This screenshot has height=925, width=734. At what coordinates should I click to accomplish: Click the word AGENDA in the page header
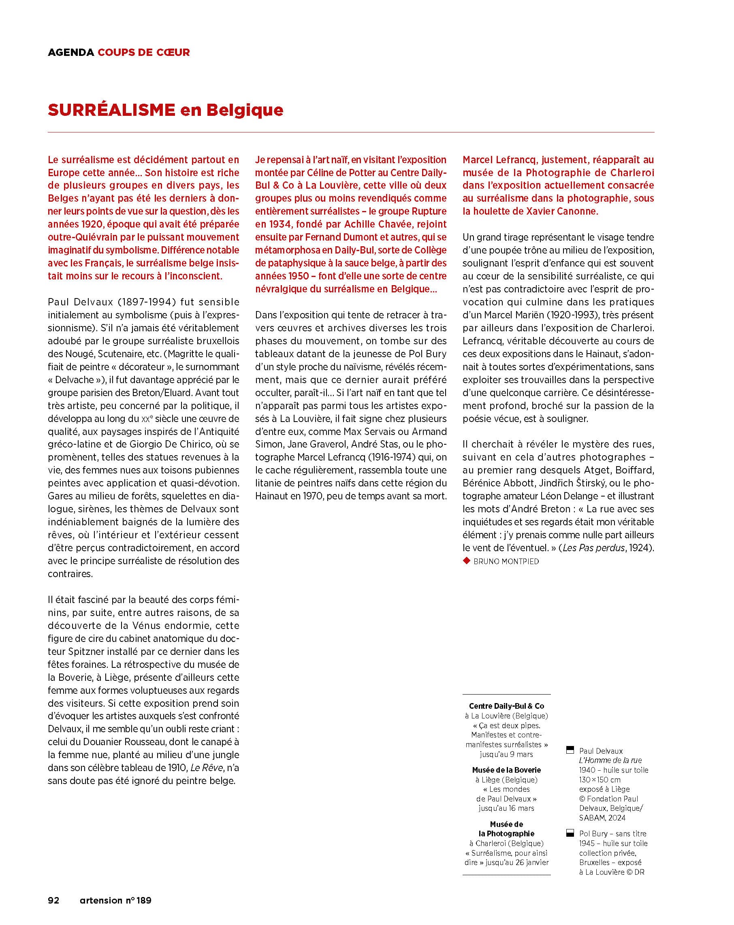[x=71, y=52]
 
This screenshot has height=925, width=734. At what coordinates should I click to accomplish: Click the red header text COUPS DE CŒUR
[x=143, y=52]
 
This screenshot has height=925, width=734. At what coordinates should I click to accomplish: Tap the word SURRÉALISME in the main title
[x=111, y=110]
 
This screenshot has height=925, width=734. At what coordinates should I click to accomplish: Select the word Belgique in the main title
[x=245, y=110]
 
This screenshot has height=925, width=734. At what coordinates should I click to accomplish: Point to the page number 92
[x=53, y=900]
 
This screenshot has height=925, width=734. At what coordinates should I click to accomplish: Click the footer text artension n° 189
[x=115, y=900]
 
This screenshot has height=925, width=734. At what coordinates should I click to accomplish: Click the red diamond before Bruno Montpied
[x=467, y=561]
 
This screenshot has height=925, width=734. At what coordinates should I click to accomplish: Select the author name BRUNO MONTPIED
[x=506, y=561]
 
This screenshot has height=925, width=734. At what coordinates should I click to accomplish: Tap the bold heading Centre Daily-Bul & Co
[x=506, y=706]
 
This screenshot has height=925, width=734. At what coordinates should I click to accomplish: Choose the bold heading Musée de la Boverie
[x=506, y=770]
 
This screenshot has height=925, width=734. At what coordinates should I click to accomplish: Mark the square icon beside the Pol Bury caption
[x=570, y=833]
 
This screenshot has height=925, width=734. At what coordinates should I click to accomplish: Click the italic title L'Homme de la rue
[x=610, y=760]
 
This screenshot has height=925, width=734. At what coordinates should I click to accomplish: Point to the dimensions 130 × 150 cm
[x=600, y=780]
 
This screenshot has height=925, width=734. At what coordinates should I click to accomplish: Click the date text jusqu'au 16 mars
[x=506, y=808]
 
